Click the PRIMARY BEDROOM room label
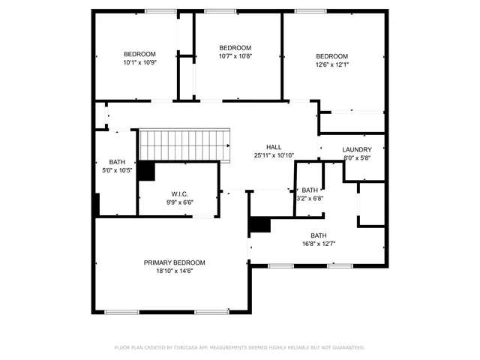[175, 262]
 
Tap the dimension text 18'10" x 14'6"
[175, 271]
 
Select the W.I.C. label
[178, 194]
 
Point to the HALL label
[274, 147]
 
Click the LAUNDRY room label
[356, 149]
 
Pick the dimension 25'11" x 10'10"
[274, 155]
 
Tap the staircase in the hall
[184, 144]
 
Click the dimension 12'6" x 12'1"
[331, 64]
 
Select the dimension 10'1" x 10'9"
[139, 62]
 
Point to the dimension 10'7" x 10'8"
[235, 56]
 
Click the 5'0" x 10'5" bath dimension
[117, 170]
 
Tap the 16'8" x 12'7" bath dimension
[319, 244]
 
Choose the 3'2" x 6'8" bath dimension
[310, 199]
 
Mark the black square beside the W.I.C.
[145, 171]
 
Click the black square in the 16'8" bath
[259, 225]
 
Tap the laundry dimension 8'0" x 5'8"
[356, 157]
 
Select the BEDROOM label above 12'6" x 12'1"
[331, 56]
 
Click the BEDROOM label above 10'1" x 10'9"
[139, 54]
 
